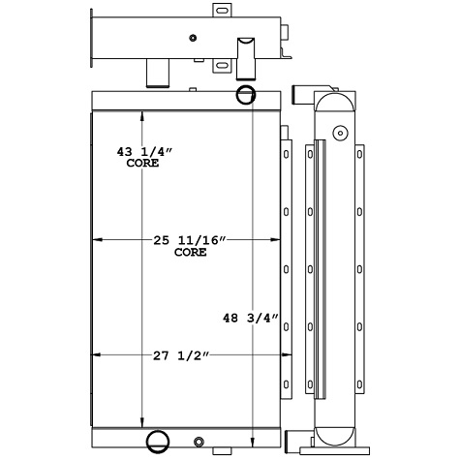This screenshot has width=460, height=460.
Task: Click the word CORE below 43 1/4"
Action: point(143,165)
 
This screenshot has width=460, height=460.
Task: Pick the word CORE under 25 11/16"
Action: point(190,252)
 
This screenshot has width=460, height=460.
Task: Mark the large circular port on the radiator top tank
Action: point(245,95)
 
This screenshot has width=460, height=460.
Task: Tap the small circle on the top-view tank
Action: point(194,38)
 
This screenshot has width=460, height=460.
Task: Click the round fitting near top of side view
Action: point(338,133)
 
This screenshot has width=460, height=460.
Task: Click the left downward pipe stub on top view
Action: point(155,73)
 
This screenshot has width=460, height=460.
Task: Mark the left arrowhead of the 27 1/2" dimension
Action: point(95,355)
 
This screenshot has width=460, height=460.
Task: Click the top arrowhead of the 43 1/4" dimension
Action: point(143,115)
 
